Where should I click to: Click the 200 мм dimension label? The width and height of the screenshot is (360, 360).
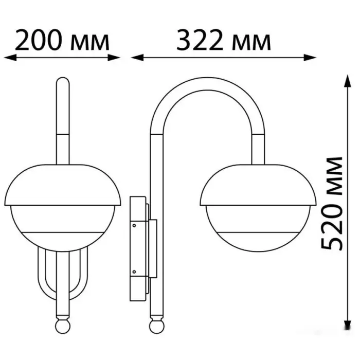tap(62, 41)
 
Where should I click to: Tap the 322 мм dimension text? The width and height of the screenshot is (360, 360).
tap(224, 41)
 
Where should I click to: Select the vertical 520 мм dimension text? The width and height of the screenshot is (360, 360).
tap(332, 204)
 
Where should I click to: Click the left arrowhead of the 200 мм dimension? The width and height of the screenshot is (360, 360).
tap(10, 58)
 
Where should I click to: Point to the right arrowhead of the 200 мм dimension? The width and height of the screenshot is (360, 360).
tap(114, 58)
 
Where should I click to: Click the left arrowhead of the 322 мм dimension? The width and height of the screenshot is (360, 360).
tap(137, 58)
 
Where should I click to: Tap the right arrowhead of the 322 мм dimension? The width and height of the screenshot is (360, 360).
tap(310, 58)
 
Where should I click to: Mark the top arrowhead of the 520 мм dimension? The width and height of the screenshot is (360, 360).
tap(348, 81)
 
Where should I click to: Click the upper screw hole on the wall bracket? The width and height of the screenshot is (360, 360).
tap(134, 225)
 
